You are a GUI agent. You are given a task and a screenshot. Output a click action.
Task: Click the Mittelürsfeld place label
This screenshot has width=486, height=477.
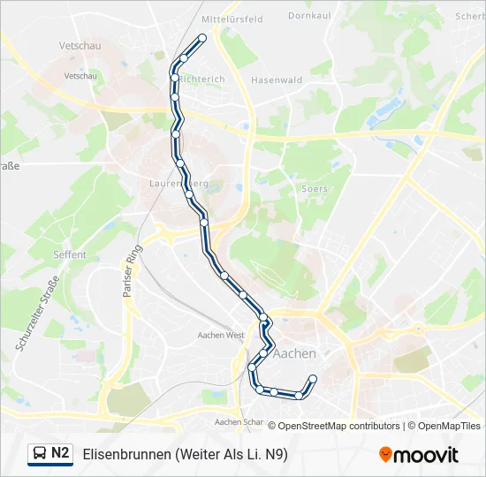coord(232,19)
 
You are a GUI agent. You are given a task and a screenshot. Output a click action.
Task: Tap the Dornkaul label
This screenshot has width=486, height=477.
coord(308,15)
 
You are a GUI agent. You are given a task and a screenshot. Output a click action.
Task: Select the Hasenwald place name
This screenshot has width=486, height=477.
coord(277,79)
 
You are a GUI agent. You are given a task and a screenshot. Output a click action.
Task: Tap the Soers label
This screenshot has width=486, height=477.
coord(315,188)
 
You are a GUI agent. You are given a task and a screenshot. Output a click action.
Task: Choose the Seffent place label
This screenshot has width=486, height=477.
coord(70,254)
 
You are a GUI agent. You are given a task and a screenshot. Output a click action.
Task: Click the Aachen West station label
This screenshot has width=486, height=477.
coord(221,336)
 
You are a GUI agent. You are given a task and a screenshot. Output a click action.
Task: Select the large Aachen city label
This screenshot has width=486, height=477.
coord(295,353)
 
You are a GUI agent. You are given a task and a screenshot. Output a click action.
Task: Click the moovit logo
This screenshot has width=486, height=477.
coord(419,455)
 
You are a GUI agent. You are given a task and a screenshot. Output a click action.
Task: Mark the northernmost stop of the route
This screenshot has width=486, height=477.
coord(202,38)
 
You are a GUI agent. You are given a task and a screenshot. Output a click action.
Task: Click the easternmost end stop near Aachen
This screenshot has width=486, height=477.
coord(313,379)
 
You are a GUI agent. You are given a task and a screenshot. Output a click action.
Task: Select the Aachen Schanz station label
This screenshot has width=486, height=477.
coord(240,422)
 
